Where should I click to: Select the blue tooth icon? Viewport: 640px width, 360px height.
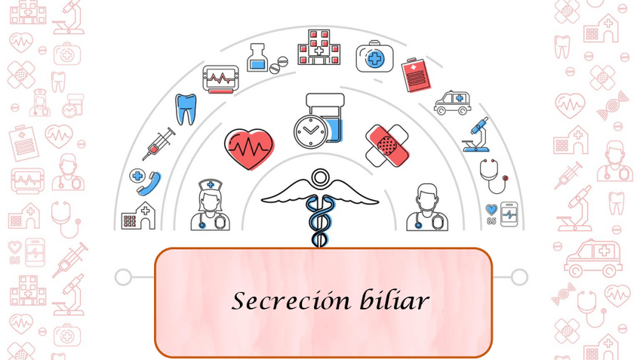185,108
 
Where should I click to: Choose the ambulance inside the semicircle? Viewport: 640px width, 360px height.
453,103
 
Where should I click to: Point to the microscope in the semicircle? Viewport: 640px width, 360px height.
477,134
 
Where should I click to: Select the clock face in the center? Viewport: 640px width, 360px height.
309,131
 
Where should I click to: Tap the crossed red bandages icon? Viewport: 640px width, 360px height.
386,144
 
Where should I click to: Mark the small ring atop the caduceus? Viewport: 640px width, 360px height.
320,178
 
